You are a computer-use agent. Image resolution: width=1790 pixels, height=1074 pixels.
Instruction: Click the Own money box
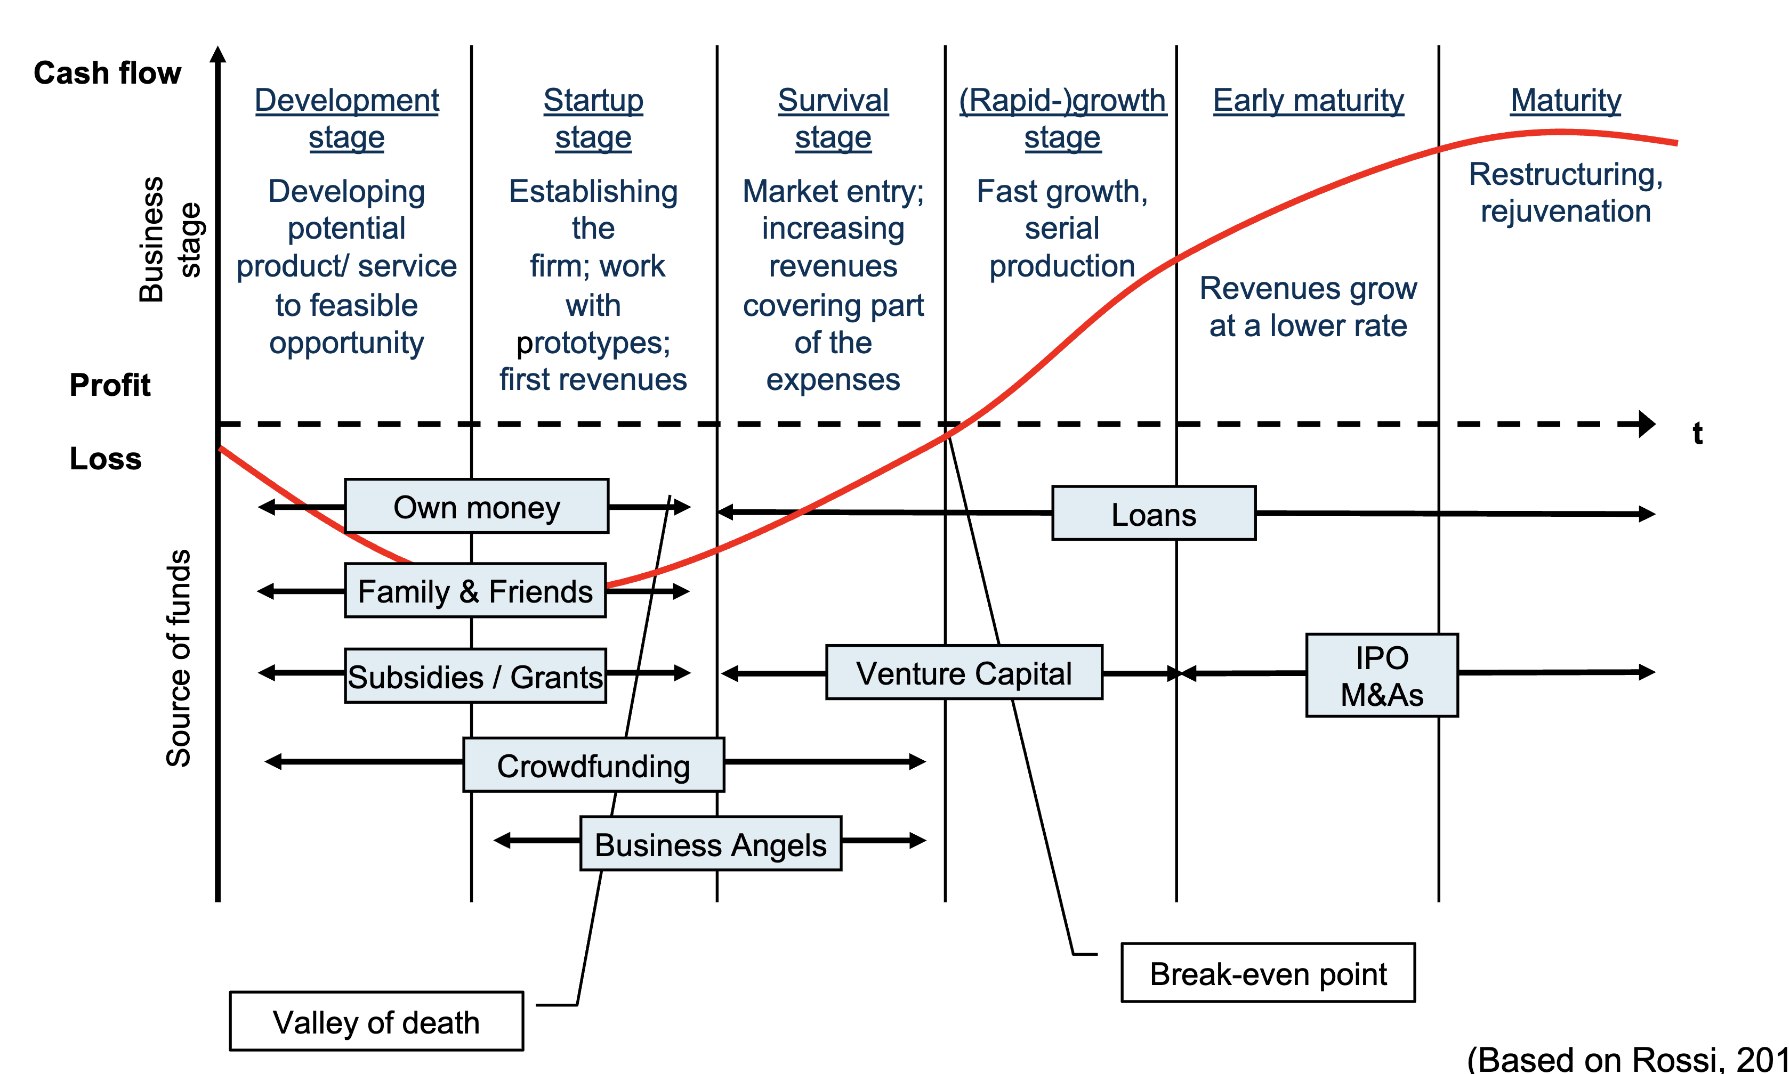[x=477, y=507]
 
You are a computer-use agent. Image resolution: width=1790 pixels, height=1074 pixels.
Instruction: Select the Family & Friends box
[x=475, y=591]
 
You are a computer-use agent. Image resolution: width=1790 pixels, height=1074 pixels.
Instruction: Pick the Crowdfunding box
[x=593, y=765]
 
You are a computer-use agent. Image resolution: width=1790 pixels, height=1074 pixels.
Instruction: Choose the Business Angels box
[x=711, y=844]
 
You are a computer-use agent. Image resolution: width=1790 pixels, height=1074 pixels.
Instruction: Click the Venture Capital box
[x=964, y=672]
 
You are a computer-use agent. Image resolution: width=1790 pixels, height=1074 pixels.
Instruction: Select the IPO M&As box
[x=1382, y=675]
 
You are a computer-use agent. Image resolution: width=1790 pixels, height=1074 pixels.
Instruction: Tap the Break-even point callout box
[x=1268, y=973]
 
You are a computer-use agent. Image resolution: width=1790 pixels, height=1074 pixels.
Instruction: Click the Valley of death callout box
[x=376, y=1021]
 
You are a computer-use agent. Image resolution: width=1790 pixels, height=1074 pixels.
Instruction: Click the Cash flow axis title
[x=107, y=73]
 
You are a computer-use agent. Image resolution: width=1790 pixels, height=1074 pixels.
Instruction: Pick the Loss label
[x=106, y=459]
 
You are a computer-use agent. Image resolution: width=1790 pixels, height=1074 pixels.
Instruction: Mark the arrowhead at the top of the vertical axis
[x=218, y=54]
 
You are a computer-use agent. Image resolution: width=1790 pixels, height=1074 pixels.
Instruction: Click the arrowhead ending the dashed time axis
[x=1647, y=424]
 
